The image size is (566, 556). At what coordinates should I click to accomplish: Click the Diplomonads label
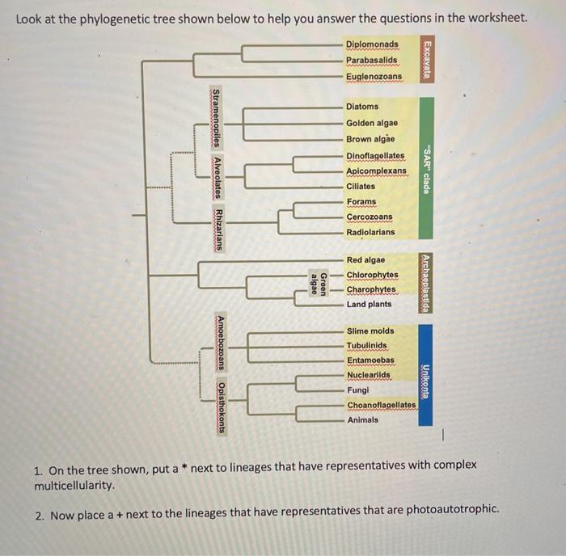tap(372, 44)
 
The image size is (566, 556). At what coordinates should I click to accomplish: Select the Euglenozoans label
tap(374, 76)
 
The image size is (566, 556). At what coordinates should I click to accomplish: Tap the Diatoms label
tap(362, 107)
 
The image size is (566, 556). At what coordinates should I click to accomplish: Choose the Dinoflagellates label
tap(375, 155)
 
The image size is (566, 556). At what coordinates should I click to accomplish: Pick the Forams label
tap(361, 202)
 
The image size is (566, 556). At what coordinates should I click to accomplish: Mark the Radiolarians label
tap(370, 232)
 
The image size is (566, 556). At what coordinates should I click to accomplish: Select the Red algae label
tap(365, 260)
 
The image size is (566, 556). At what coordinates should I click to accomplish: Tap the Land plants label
tap(369, 305)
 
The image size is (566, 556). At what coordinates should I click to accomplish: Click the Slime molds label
tap(370, 331)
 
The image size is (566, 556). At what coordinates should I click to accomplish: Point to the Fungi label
tap(358, 390)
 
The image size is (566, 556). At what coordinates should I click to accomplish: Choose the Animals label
tap(362, 419)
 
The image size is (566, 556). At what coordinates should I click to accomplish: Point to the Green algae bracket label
tap(319, 283)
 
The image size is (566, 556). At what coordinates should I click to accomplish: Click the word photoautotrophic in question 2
tap(450, 510)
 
